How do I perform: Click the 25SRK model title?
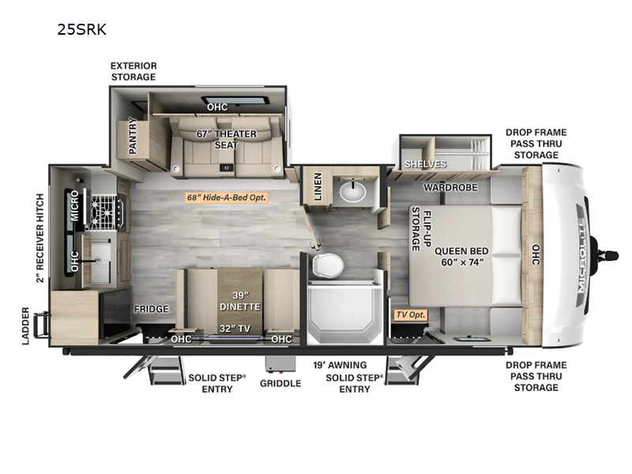coord(82,29)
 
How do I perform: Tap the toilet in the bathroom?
coord(327,265)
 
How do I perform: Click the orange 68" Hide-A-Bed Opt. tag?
coord(226,197)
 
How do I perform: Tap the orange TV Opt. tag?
coord(410,314)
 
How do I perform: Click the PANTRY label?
coord(133,136)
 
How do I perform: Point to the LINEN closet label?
coord(318,186)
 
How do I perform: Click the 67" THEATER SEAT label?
coord(226,140)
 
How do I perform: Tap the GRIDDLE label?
coord(280,383)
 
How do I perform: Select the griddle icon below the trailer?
coord(280,364)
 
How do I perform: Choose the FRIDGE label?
coord(151,309)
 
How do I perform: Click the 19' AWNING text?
coord(340,365)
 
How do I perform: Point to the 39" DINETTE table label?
coord(240,302)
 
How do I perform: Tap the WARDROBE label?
coord(450,187)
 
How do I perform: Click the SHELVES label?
coord(425,164)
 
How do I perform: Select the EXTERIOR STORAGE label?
coord(134,71)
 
